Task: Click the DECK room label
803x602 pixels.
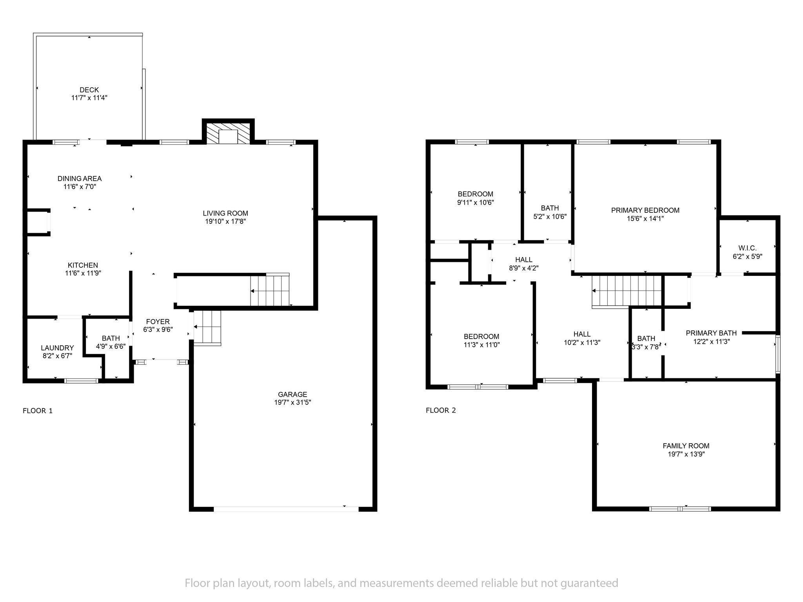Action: tap(89, 90)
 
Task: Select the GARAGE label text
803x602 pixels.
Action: tap(292, 394)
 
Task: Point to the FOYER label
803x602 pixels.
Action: tap(158, 322)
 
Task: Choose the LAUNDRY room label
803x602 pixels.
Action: tap(57, 348)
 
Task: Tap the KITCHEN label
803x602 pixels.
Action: tap(83, 265)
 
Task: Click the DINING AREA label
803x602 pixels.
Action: tap(80, 179)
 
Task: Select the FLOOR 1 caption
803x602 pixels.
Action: tap(38, 411)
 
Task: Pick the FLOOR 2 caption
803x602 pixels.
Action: tap(441, 410)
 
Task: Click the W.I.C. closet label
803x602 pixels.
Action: tap(747, 248)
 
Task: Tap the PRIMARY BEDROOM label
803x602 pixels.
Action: tap(645, 210)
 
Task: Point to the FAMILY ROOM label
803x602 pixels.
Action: tap(686, 446)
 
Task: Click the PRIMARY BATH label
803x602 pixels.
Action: tap(711, 333)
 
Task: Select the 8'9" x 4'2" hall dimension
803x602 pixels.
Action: tap(524, 268)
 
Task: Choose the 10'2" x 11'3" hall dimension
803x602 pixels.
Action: tap(582, 342)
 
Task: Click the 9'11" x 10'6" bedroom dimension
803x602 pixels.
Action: tap(476, 203)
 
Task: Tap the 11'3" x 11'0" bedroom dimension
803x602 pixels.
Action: tap(481, 345)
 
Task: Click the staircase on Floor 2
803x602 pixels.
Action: tap(627, 291)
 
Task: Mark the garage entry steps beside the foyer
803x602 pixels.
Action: tap(207, 328)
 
